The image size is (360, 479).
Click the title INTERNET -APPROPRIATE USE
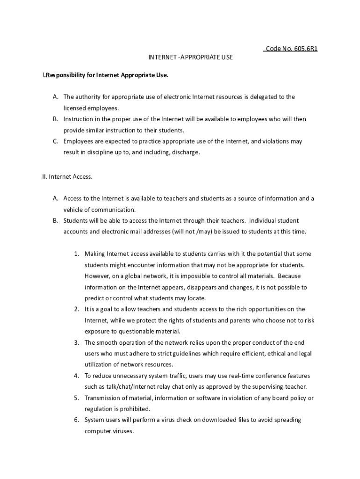pyautogui.click(x=190, y=57)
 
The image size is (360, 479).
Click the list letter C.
pyautogui.click(x=55, y=141)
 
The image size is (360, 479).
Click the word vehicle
pyautogui.click(x=74, y=210)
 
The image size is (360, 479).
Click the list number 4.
pyautogui.click(x=76, y=376)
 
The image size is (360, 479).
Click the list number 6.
pyautogui.click(x=76, y=420)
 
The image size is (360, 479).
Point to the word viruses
pyautogui.click(x=122, y=431)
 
